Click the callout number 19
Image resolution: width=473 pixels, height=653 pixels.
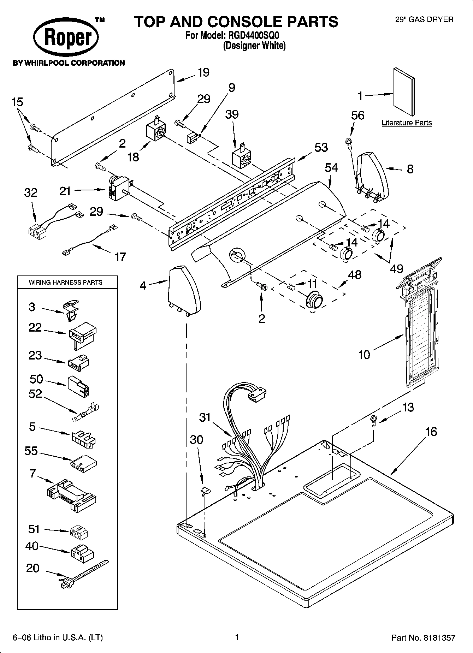pyautogui.click(x=203, y=72)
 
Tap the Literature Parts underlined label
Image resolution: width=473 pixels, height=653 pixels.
pyautogui.click(x=407, y=123)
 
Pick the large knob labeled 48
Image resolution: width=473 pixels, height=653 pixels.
pyautogui.click(x=314, y=301)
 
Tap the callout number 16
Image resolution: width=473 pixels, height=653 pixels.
pyautogui.click(x=431, y=432)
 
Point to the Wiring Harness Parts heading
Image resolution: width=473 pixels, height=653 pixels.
pyautogui.click(x=65, y=282)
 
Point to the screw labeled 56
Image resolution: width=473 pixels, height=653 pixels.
pyautogui.click(x=349, y=142)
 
